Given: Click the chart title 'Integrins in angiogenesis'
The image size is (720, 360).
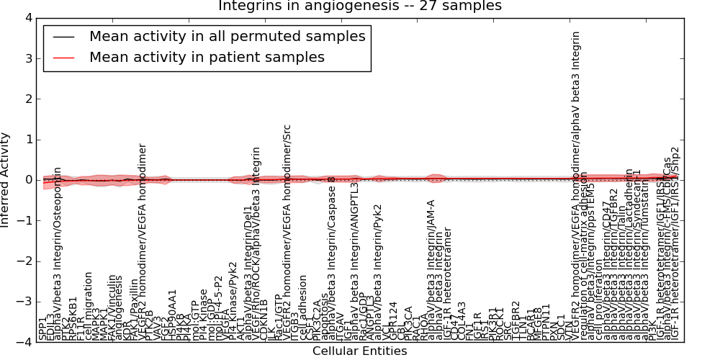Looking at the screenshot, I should [x=360, y=6].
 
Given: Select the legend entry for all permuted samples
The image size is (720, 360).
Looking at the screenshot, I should [x=227, y=36].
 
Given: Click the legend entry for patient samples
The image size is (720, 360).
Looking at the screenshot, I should [x=207, y=57].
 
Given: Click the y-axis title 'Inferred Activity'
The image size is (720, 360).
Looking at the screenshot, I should [x=6, y=180].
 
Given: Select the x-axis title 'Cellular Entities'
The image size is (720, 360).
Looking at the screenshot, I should [x=359, y=351].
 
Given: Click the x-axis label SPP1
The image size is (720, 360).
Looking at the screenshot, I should [x=42, y=328].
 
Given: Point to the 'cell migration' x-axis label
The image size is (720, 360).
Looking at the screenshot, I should [x=89, y=305].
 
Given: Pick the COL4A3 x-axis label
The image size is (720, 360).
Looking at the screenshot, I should [x=462, y=321].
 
